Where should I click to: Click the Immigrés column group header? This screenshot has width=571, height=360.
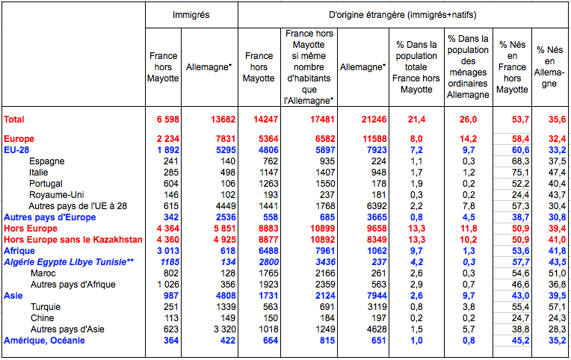(191, 15)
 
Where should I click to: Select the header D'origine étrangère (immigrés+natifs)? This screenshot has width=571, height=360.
(402, 15)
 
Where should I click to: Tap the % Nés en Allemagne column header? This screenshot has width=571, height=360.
(549, 66)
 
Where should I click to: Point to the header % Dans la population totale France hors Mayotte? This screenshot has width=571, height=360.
(416, 67)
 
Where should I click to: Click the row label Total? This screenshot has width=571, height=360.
(14, 120)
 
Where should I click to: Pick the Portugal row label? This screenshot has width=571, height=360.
(46, 184)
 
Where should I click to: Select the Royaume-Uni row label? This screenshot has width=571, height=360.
(52, 195)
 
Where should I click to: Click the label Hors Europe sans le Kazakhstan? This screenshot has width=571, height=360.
(72, 240)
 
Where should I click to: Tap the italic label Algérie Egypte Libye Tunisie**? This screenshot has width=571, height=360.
(69, 262)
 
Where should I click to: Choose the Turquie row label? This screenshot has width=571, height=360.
(46, 307)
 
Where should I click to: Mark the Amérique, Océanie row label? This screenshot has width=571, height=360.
(44, 341)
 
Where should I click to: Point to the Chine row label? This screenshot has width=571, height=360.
(43, 317)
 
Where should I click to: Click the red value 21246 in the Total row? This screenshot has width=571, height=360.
(374, 120)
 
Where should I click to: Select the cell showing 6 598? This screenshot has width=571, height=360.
(168, 120)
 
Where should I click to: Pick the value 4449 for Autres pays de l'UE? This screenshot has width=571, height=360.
(226, 206)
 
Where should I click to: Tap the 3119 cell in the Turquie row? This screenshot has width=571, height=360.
(377, 307)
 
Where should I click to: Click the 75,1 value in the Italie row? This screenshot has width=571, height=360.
(520, 173)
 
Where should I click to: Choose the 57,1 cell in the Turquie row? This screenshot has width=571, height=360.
(557, 307)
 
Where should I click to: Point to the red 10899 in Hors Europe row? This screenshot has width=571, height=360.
(322, 229)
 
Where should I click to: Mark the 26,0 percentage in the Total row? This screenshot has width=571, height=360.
(469, 120)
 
